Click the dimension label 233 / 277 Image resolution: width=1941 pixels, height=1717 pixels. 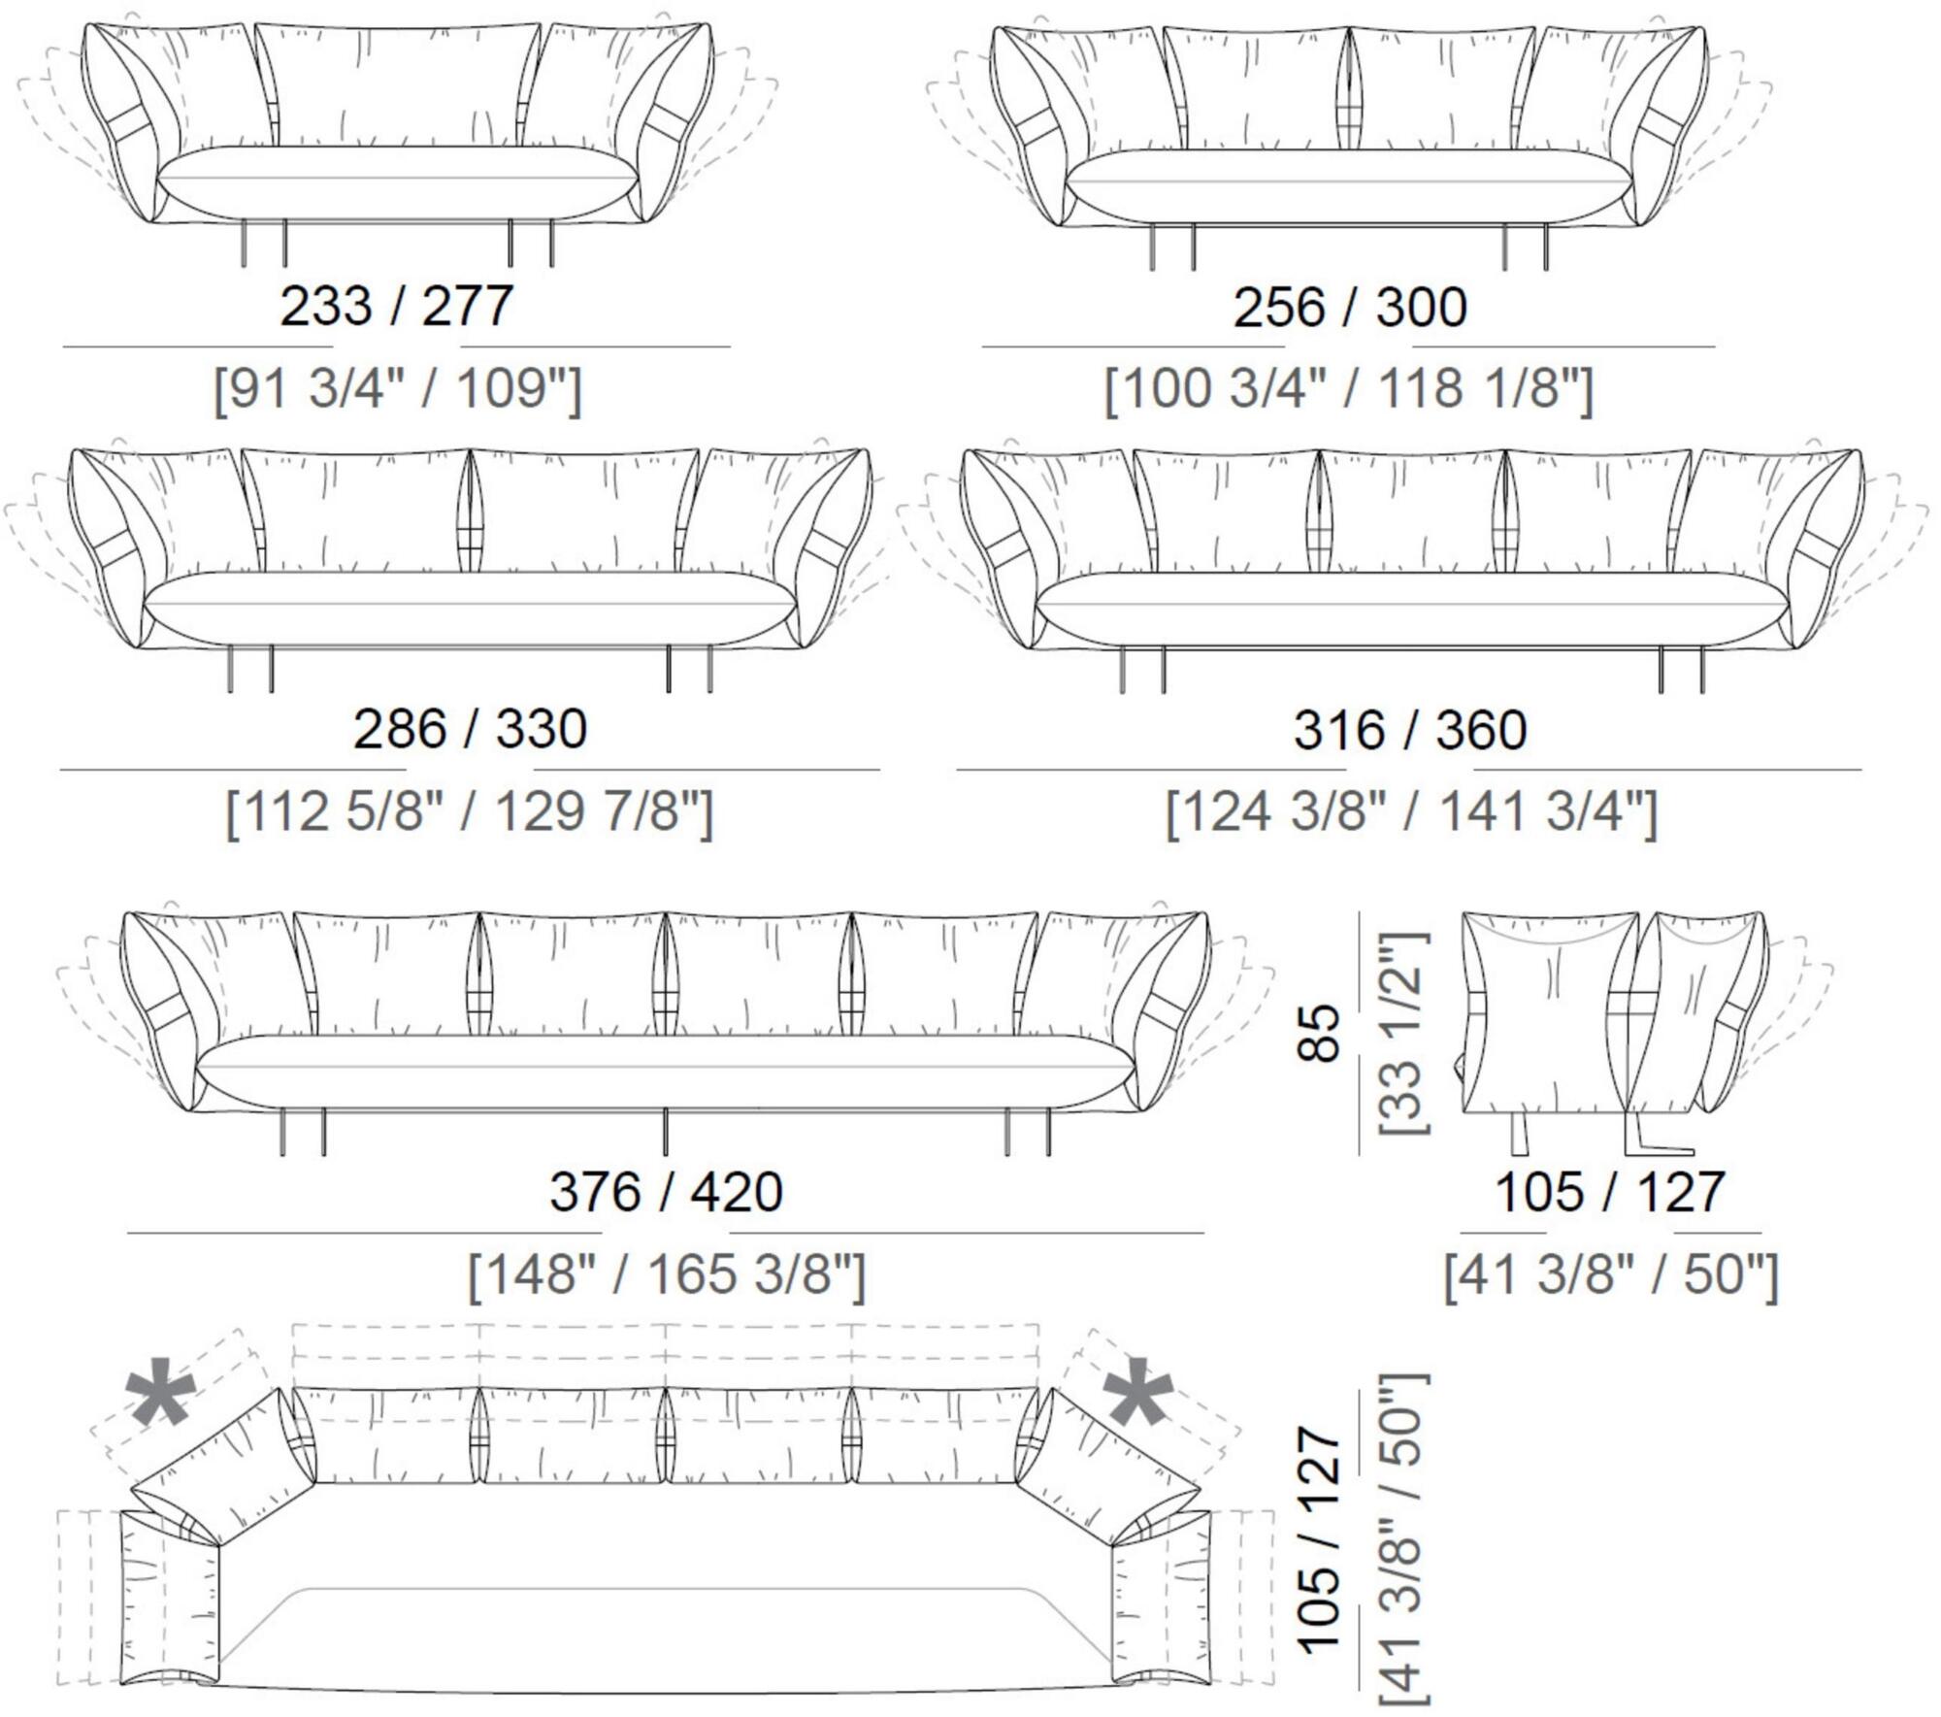396,306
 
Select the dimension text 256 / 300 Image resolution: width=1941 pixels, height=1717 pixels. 1350,307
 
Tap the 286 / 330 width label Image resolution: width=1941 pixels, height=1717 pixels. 470,729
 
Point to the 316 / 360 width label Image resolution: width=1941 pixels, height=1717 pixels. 1410,730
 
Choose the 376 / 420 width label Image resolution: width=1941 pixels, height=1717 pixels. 666,1191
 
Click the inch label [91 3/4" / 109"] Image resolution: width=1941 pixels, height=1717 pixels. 398,389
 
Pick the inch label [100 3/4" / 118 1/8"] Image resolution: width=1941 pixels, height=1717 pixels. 1349,389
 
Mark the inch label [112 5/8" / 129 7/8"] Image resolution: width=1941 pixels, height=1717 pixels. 470,811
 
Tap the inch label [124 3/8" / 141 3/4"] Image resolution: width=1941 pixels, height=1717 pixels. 1411,812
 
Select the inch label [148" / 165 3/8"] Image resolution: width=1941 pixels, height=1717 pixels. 666,1274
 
